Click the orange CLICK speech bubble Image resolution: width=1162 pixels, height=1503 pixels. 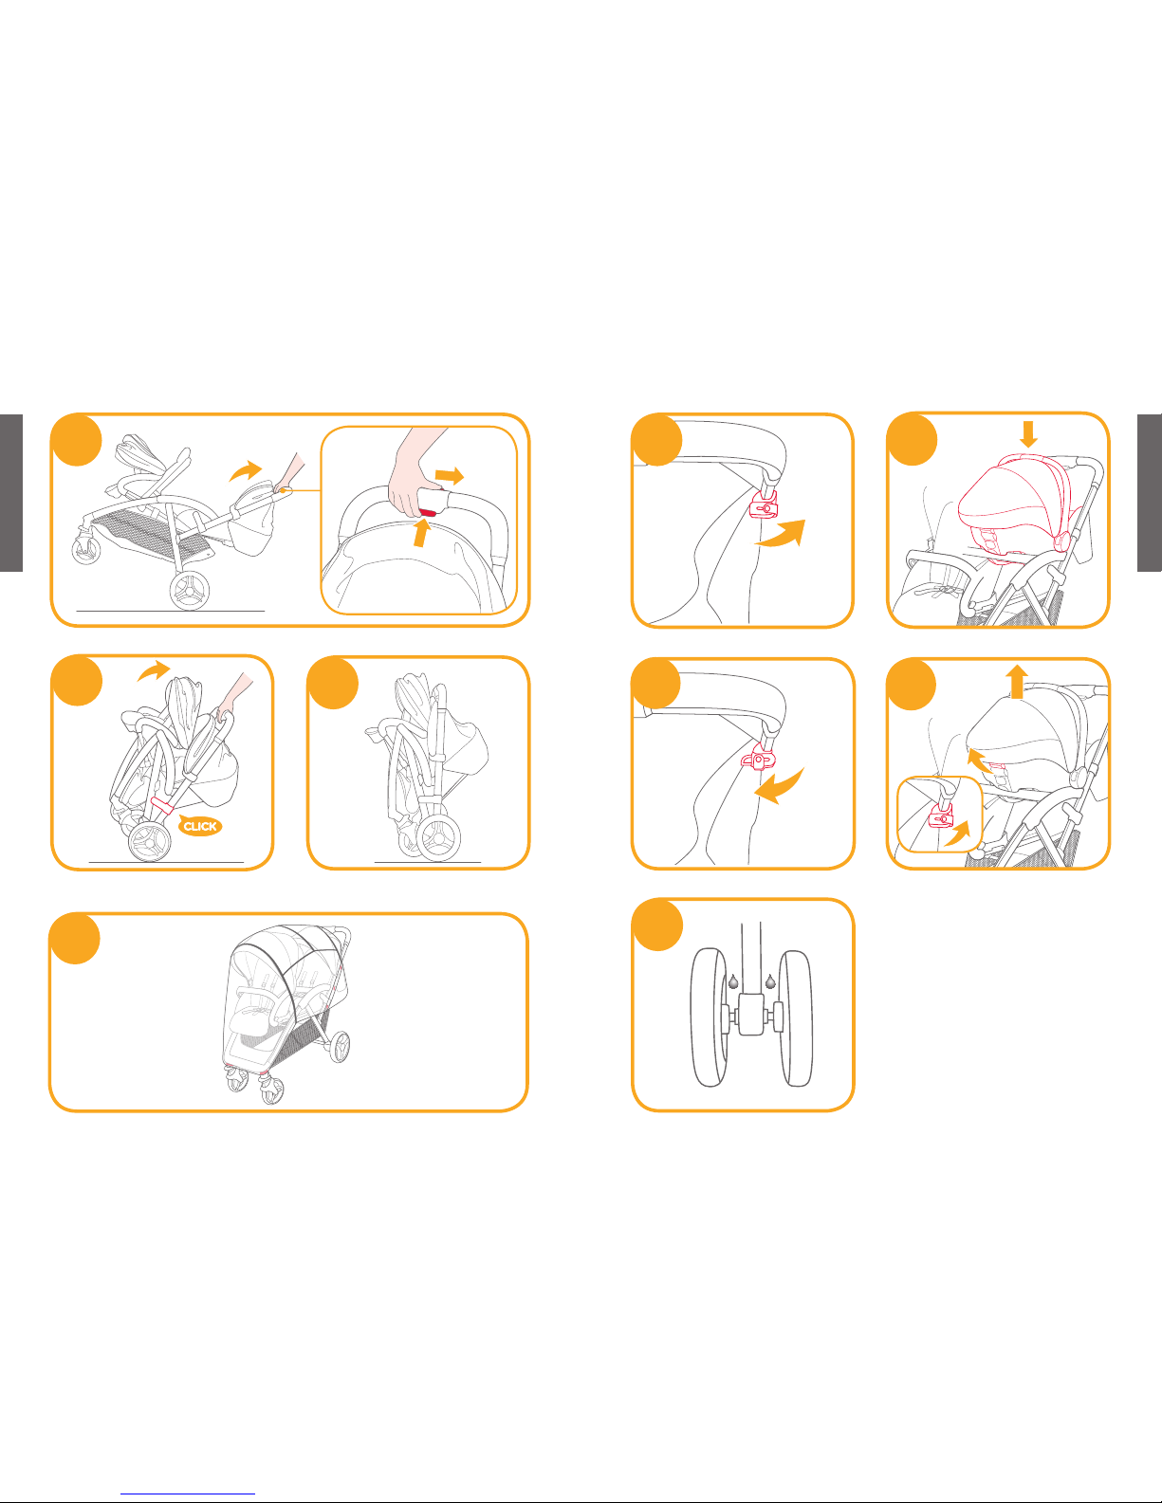pyautogui.click(x=200, y=825)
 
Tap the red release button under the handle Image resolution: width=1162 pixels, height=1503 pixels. pyautogui.click(x=428, y=512)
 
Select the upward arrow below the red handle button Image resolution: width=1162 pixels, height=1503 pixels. pyautogui.click(x=420, y=533)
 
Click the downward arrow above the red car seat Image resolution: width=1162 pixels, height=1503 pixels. pyautogui.click(x=1028, y=433)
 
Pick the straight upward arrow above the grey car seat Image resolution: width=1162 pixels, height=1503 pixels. pyautogui.click(x=1016, y=681)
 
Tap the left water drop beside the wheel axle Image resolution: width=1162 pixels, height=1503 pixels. pyautogui.click(x=733, y=981)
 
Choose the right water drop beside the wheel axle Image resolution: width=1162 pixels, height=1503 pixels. pyautogui.click(x=770, y=981)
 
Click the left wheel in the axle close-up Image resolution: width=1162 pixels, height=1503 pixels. pyautogui.click(x=710, y=1017)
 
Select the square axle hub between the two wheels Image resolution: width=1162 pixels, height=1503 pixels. pyautogui.click(x=751, y=1014)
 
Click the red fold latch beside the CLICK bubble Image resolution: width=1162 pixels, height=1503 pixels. pyautogui.click(x=160, y=806)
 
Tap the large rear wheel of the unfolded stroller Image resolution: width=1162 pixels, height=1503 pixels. pyautogui.click(x=190, y=591)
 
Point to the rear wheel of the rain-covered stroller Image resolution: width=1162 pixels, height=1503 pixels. pyautogui.click(x=340, y=1047)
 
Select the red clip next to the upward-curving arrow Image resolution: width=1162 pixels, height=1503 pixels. pyautogui.click(x=764, y=505)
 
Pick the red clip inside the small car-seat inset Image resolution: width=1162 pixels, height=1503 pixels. pyautogui.click(x=941, y=818)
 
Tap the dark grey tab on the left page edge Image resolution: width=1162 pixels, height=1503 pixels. pyautogui.click(x=11, y=493)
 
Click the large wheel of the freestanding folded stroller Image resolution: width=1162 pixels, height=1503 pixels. pyautogui.click(x=438, y=837)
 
